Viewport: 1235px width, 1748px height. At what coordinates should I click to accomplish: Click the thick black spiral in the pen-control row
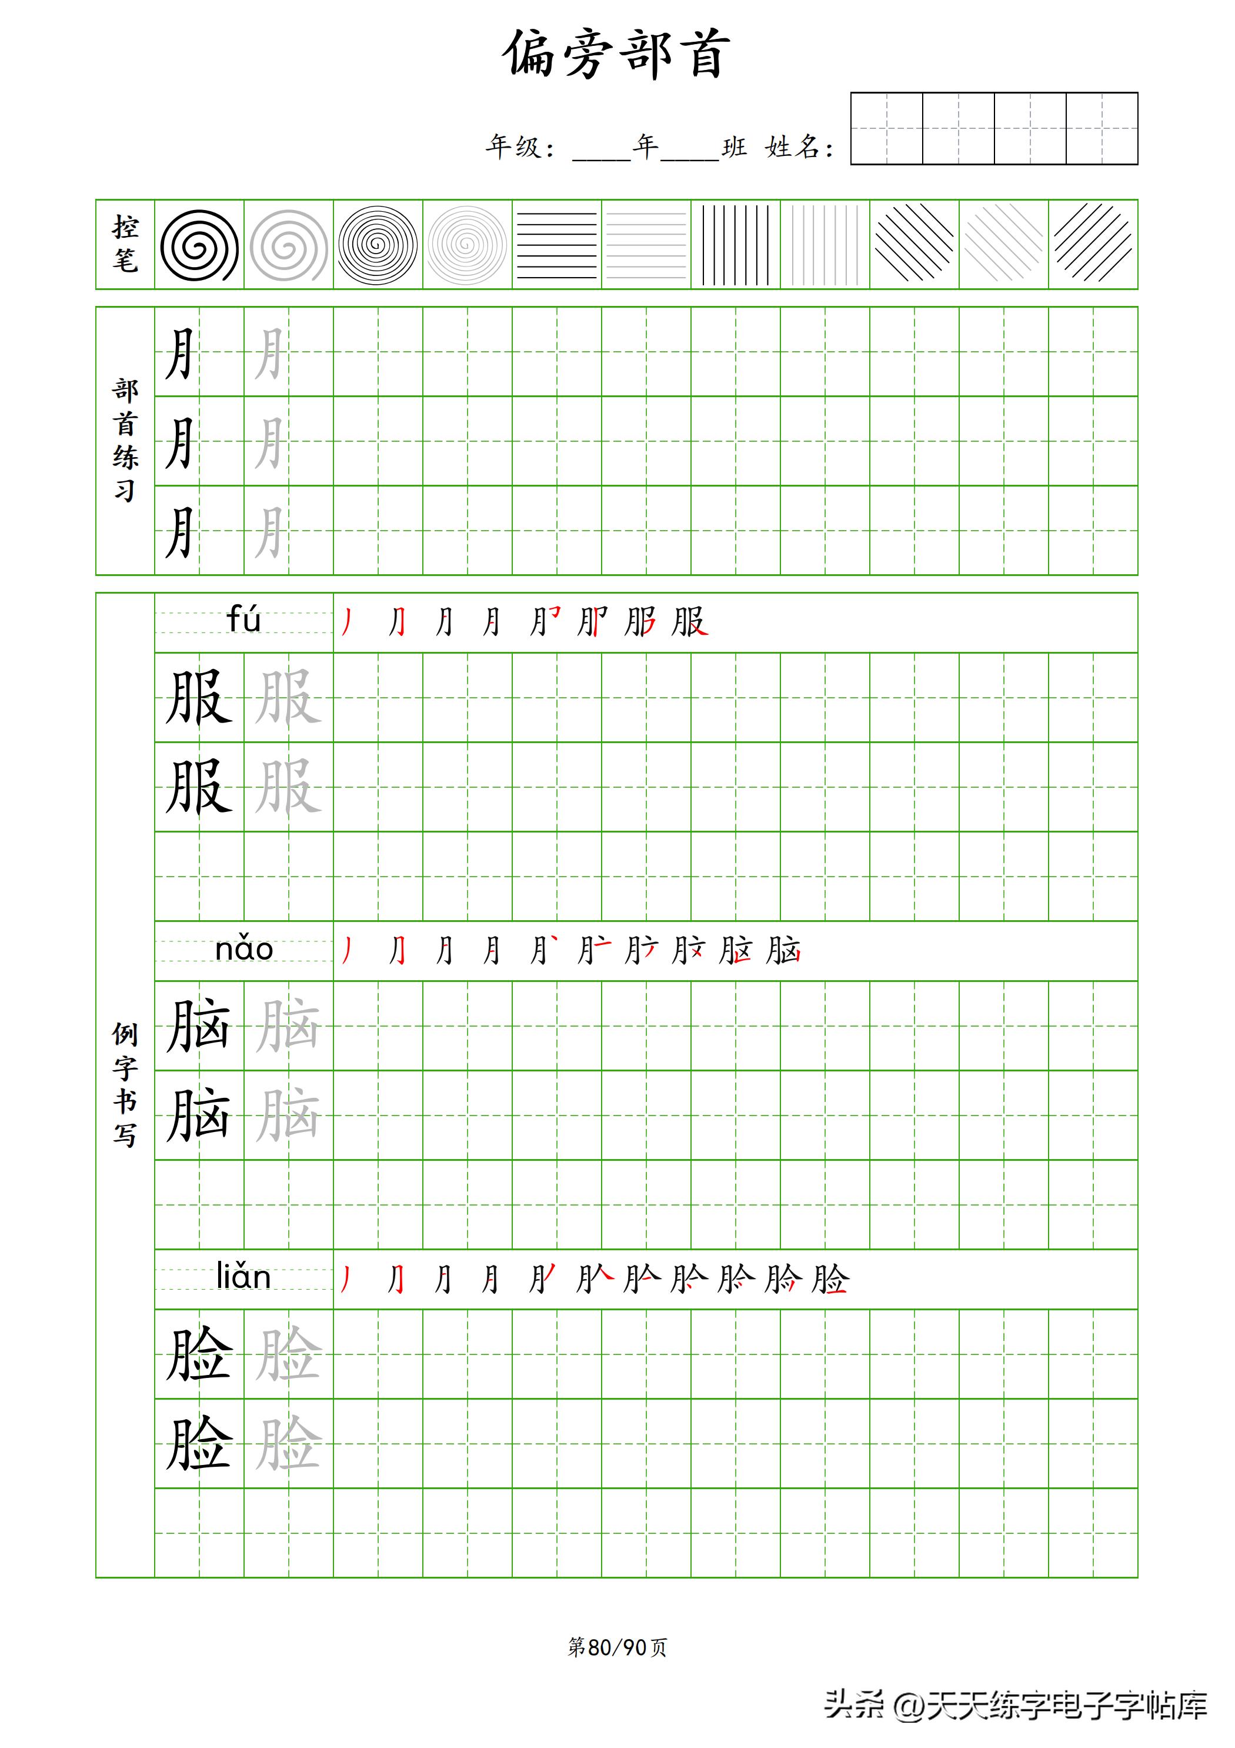[199, 245]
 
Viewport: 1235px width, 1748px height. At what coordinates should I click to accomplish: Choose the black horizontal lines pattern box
[556, 245]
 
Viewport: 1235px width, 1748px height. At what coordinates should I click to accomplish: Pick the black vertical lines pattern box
[735, 245]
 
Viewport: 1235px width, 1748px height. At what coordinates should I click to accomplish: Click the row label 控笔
[125, 244]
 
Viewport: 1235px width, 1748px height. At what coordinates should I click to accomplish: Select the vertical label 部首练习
[125, 440]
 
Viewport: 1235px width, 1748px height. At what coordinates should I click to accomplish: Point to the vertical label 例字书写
[125, 1084]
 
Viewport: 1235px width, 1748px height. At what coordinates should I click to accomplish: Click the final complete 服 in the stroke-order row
[689, 622]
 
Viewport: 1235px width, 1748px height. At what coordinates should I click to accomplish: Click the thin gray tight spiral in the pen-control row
[467, 245]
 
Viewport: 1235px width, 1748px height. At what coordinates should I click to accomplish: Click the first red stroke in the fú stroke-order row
[348, 622]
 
